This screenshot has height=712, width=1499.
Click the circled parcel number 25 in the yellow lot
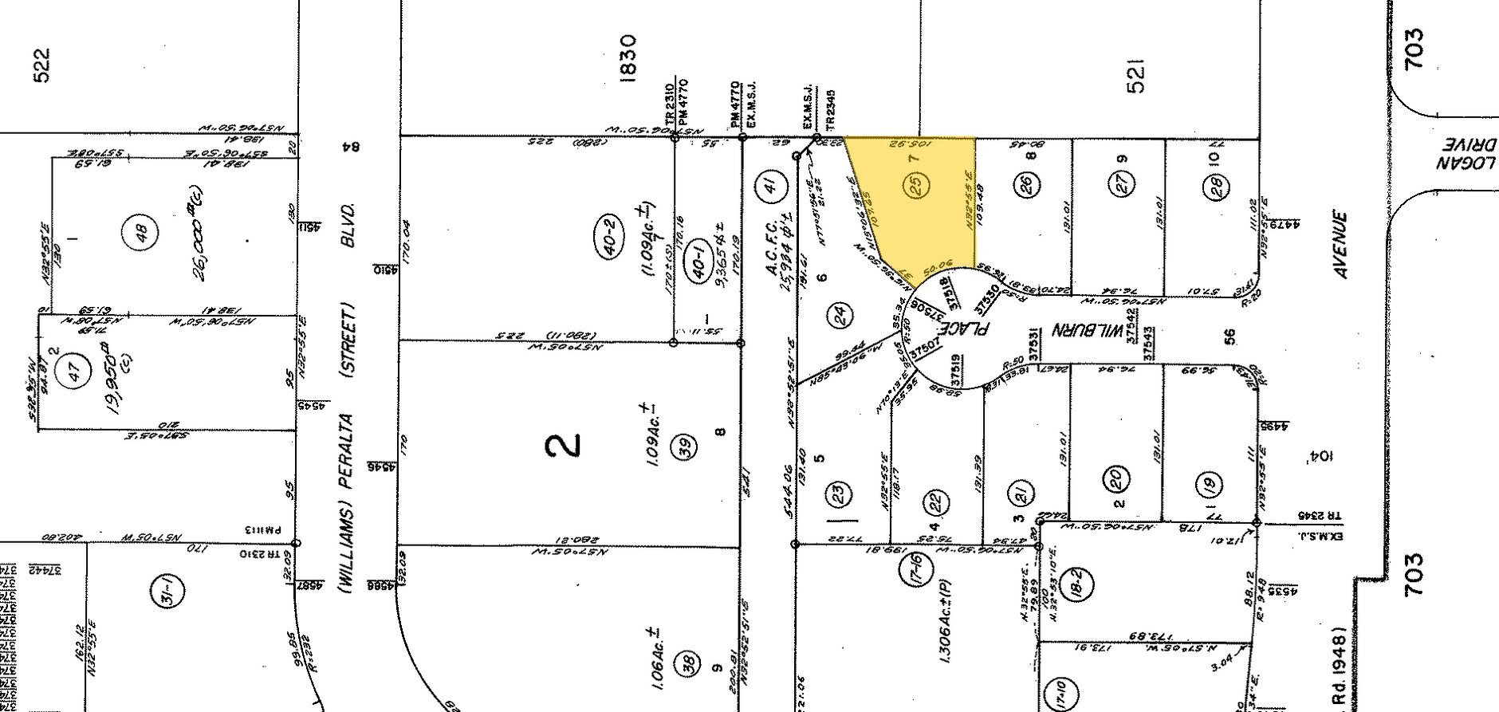[917, 186]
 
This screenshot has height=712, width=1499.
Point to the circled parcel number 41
[769, 186]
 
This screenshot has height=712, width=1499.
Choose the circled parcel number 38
[689, 660]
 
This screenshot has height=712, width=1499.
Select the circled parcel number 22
[935, 502]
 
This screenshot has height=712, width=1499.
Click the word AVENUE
[1341, 245]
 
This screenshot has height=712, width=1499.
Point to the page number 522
[41, 65]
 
